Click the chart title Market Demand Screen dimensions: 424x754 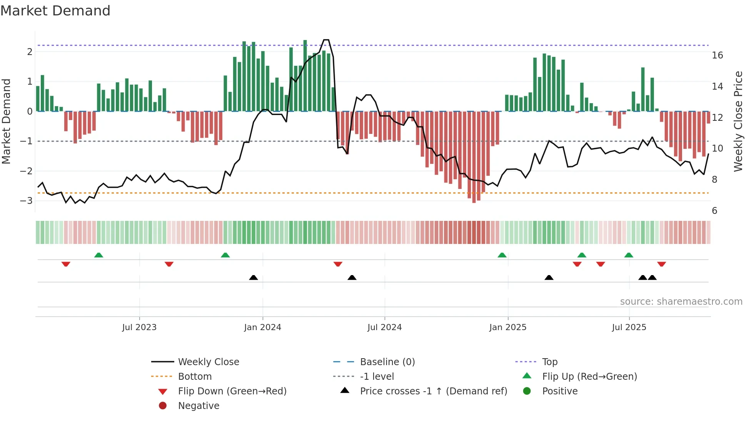pyautogui.click(x=55, y=11)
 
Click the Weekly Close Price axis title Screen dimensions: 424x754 pyautogui.click(x=738, y=121)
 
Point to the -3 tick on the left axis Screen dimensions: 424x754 pyautogui.click(x=27, y=200)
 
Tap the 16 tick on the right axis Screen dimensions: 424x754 pyautogui.click(x=717, y=55)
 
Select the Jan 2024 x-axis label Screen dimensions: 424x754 pyautogui.click(x=262, y=327)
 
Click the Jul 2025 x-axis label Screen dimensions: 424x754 pyautogui.click(x=629, y=327)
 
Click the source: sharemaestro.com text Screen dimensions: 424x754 pyautogui.click(x=681, y=302)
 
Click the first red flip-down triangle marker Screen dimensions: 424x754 pyautogui.click(x=66, y=264)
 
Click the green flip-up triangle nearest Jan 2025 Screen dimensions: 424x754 pyautogui.click(x=502, y=255)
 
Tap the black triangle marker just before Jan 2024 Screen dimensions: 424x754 pyautogui.click(x=254, y=277)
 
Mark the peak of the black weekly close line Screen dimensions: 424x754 pyautogui.click(x=326, y=40)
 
